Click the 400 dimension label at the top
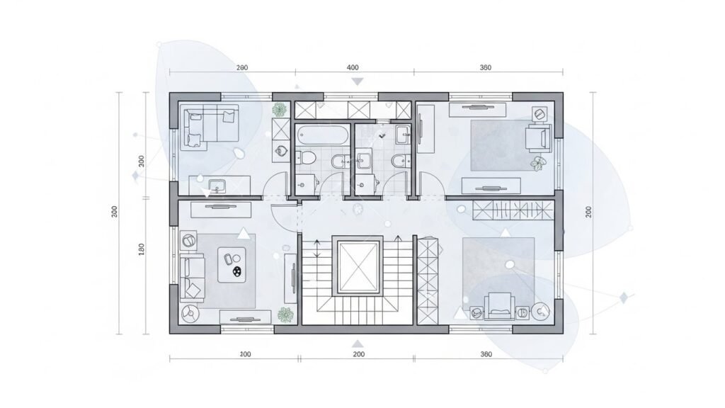point(353,67)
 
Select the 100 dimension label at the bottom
point(245,353)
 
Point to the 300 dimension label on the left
point(115,212)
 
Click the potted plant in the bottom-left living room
point(286,314)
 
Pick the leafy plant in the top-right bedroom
point(540,164)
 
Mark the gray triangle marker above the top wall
point(358,82)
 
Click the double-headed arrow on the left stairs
point(318,249)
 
